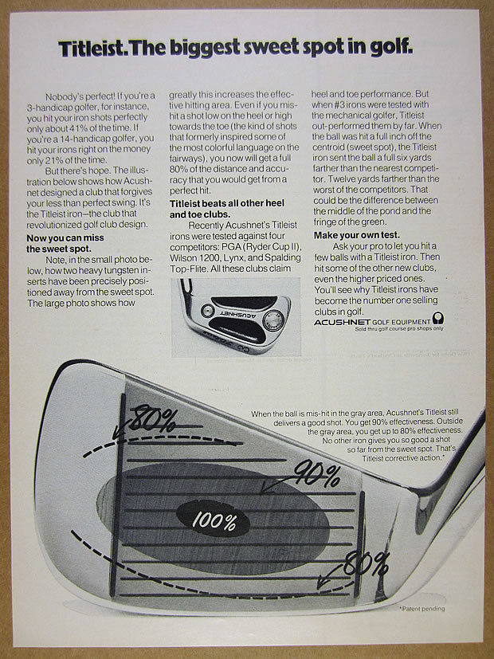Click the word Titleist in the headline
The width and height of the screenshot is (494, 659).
(x=92, y=49)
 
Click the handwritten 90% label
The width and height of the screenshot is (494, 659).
(x=317, y=476)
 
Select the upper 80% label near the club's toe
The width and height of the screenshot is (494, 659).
(x=155, y=416)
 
